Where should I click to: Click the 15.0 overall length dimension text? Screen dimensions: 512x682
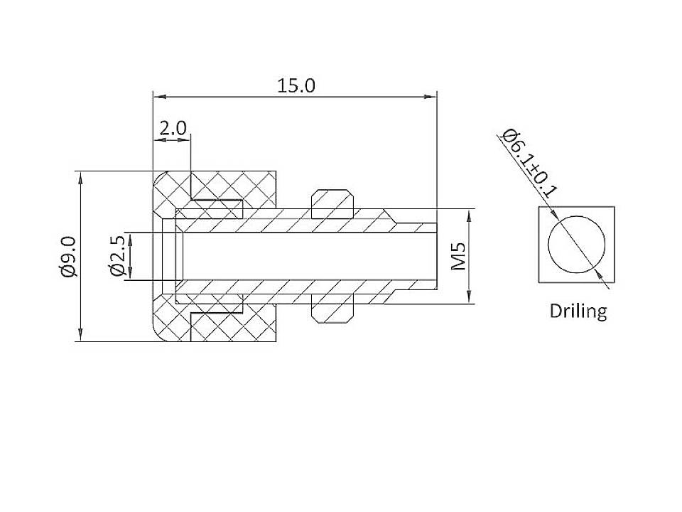point(296,86)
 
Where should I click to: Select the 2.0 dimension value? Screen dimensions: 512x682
point(173,129)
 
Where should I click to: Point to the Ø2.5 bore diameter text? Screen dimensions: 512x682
point(117,257)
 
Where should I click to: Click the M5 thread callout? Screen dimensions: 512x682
point(459,257)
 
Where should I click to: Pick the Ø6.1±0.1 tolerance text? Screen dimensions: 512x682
point(529,163)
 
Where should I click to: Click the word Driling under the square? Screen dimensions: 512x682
point(578,311)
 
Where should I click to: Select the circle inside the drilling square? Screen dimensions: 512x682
point(577,243)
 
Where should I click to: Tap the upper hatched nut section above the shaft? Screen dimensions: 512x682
point(332,203)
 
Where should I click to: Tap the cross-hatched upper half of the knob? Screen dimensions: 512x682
point(234,186)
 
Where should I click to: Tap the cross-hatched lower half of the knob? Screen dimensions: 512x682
point(234,327)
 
